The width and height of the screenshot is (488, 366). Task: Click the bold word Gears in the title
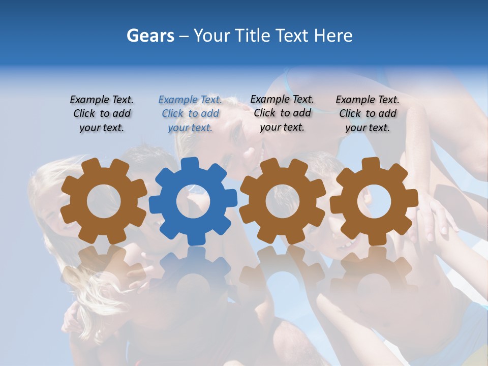point(150,36)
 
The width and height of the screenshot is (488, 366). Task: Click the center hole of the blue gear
point(193,201)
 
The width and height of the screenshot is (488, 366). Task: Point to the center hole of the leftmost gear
point(104,201)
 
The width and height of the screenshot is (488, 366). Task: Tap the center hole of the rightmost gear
point(374,201)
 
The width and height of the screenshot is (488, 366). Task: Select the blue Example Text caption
point(190,114)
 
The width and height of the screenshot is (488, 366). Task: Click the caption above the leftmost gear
point(102,114)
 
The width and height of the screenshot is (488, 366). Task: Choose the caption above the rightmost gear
point(368,114)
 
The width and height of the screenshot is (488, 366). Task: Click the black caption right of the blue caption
point(282,113)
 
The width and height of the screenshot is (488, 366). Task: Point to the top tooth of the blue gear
point(190,164)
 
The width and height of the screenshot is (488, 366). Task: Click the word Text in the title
point(292,36)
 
